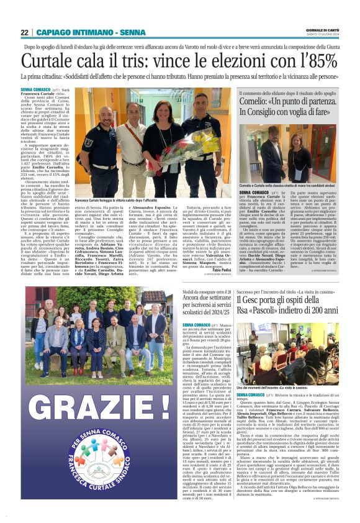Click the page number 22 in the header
click(x=24, y=32)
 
